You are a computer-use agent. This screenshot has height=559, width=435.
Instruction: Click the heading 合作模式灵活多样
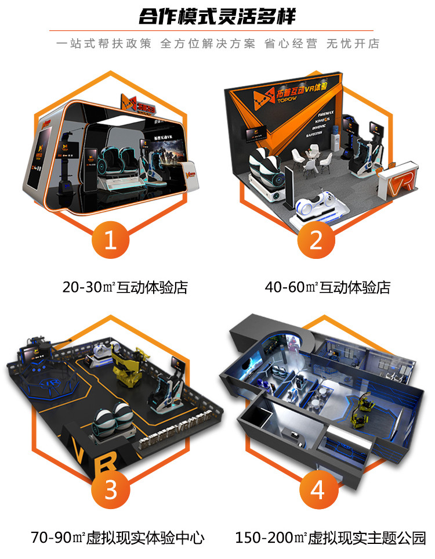[x=217, y=16]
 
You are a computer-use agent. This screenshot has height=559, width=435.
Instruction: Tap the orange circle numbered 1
[x=110, y=240]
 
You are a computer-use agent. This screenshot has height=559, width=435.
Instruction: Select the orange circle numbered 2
[x=316, y=240]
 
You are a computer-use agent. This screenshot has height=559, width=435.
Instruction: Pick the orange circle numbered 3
[x=110, y=491]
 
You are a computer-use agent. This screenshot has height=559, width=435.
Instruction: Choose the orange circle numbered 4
[x=317, y=491]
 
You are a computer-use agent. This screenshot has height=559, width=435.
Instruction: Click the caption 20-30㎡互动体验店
[x=125, y=287]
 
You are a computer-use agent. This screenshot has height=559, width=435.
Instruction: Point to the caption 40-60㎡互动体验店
[x=327, y=287]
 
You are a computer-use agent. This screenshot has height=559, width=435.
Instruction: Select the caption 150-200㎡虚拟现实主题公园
[x=331, y=538]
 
